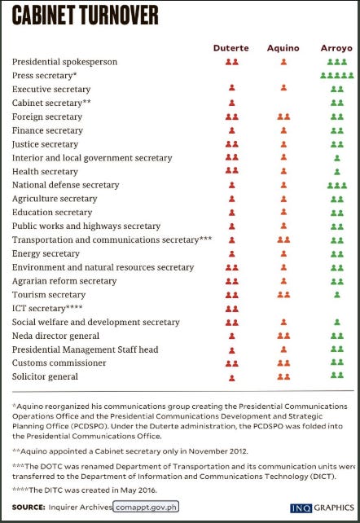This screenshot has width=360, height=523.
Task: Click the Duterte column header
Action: (x=231, y=48)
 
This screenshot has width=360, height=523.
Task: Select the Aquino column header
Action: (x=283, y=48)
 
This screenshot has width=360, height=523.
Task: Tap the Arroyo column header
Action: (x=336, y=48)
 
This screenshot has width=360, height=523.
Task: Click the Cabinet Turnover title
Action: (x=86, y=15)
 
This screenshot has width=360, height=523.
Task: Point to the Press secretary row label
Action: (x=44, y=76)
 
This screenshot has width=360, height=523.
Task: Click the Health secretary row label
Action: (x=45, y=171)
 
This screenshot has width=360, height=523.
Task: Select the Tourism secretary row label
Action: (x=49, y=295)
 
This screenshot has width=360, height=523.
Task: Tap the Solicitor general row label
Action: (x=45, y=376)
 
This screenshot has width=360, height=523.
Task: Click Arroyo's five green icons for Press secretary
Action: (x=337, y=76)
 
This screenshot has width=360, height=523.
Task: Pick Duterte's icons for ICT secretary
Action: (x=232, y=309)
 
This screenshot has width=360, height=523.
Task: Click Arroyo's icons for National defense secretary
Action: (x=337, y=185)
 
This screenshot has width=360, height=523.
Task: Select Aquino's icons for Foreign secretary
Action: (x=283, y=116)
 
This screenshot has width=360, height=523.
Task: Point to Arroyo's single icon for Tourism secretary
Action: (x=337, y=295)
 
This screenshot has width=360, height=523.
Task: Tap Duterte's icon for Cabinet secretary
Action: (x=232, y=103)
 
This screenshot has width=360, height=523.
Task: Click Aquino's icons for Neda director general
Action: (x=283, y=336)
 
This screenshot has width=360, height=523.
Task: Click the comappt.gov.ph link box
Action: (x=146, y=507)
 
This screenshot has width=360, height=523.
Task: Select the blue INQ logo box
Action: (x=301, y=508)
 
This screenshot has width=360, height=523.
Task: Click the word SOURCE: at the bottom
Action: (x=29, y=508)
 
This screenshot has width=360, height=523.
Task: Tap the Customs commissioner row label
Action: (x=59, y=363)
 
